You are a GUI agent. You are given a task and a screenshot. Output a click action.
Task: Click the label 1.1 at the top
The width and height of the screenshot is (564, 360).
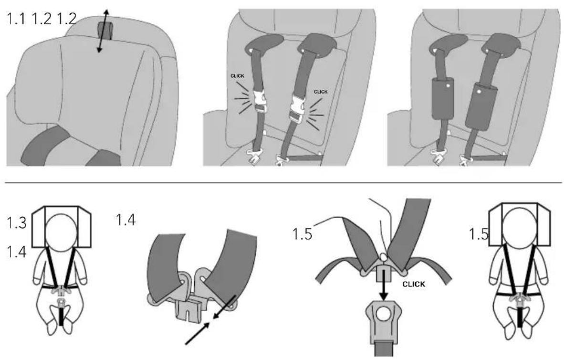16,19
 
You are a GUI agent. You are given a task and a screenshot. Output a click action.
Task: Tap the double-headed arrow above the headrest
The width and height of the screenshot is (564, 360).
102,32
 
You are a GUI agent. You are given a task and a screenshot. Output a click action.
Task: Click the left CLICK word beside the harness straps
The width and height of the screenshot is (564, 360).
237,76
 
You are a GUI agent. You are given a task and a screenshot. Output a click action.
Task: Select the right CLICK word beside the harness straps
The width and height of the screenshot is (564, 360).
321,92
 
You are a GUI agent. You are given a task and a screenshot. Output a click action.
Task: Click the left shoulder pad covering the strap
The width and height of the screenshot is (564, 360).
442,98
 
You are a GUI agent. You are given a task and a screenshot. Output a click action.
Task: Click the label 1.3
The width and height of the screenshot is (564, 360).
17,223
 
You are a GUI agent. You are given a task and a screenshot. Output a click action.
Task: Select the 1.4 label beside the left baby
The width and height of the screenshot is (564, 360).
17,252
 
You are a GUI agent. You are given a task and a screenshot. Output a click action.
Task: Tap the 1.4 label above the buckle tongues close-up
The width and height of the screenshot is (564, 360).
125,219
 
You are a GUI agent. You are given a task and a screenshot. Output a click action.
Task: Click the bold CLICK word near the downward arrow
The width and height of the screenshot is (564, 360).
414,284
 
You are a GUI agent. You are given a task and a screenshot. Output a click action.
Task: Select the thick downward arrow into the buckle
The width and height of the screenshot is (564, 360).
384,286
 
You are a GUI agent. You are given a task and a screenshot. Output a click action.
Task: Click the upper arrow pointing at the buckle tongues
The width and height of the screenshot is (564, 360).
225,307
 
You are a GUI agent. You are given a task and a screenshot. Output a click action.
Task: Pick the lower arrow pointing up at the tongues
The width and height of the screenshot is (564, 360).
198,333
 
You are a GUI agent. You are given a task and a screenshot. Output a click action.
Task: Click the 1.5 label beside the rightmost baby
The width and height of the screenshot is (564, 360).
479,234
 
